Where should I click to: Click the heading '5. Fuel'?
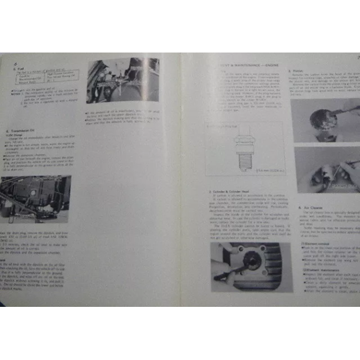pos(19,68)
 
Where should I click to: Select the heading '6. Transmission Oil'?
pos(24,130)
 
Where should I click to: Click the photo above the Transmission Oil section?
pos(123,80)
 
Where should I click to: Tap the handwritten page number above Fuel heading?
pos(17,63)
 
